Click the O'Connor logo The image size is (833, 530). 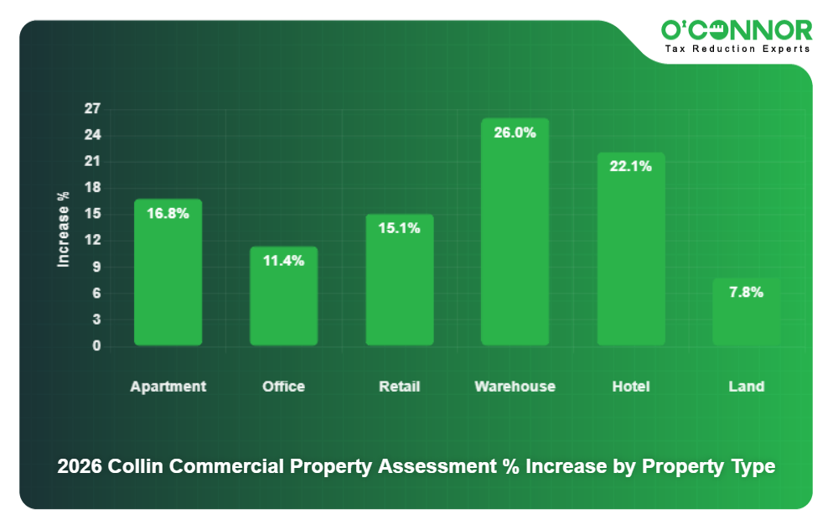tap(737, 30)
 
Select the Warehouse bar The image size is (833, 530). tap(515, 243)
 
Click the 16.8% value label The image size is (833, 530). tap(168, 213)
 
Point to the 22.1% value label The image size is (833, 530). tap(630, 166)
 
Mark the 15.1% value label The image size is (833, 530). tap(399, 227)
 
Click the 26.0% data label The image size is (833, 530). tap(515, 132)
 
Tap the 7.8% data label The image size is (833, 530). tap(746, 292)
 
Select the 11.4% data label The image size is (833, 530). tap(283, 260)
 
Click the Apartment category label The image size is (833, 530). tap(168, 387)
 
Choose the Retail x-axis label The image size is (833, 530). tap(399, 387)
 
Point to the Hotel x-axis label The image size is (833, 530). tap(630, 387)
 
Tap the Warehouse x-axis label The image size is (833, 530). tap(515, 387)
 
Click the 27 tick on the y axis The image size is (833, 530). tap(92, 108)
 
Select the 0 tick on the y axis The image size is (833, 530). tap(96, 346)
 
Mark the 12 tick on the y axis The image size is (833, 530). tap(92, 240)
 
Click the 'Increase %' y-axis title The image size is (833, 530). tap(63, 229)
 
